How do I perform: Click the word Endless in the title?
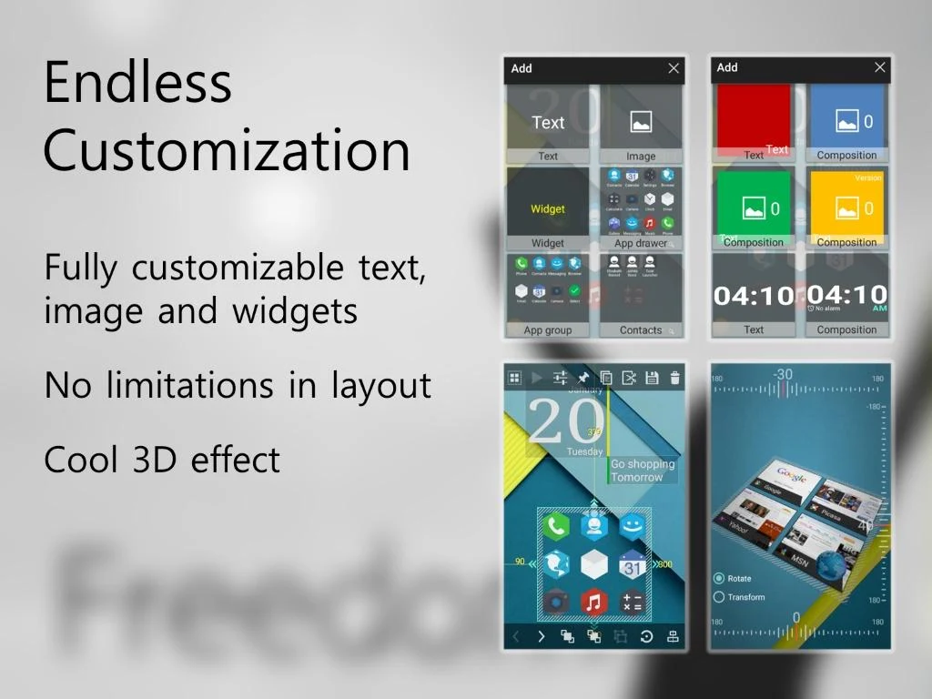(138, 82)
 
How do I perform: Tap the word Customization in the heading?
(227, 150)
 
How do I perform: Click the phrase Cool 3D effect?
(162, 460)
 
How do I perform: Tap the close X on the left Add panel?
(674, 68)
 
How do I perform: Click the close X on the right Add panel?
(879, 67)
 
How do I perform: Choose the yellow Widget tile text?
(548, 209)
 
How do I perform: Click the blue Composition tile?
(846, 118)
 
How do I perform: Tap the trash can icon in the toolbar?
(674, 378)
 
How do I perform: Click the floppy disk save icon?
(652, 378)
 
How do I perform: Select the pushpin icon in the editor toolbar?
(583, 378)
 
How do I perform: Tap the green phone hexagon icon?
(555, 526)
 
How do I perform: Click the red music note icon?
(593, 602)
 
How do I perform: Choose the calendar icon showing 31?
(633, 565)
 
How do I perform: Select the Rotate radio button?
(719, 579)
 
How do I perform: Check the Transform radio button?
(719, 598)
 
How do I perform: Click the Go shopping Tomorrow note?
(643, 471)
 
